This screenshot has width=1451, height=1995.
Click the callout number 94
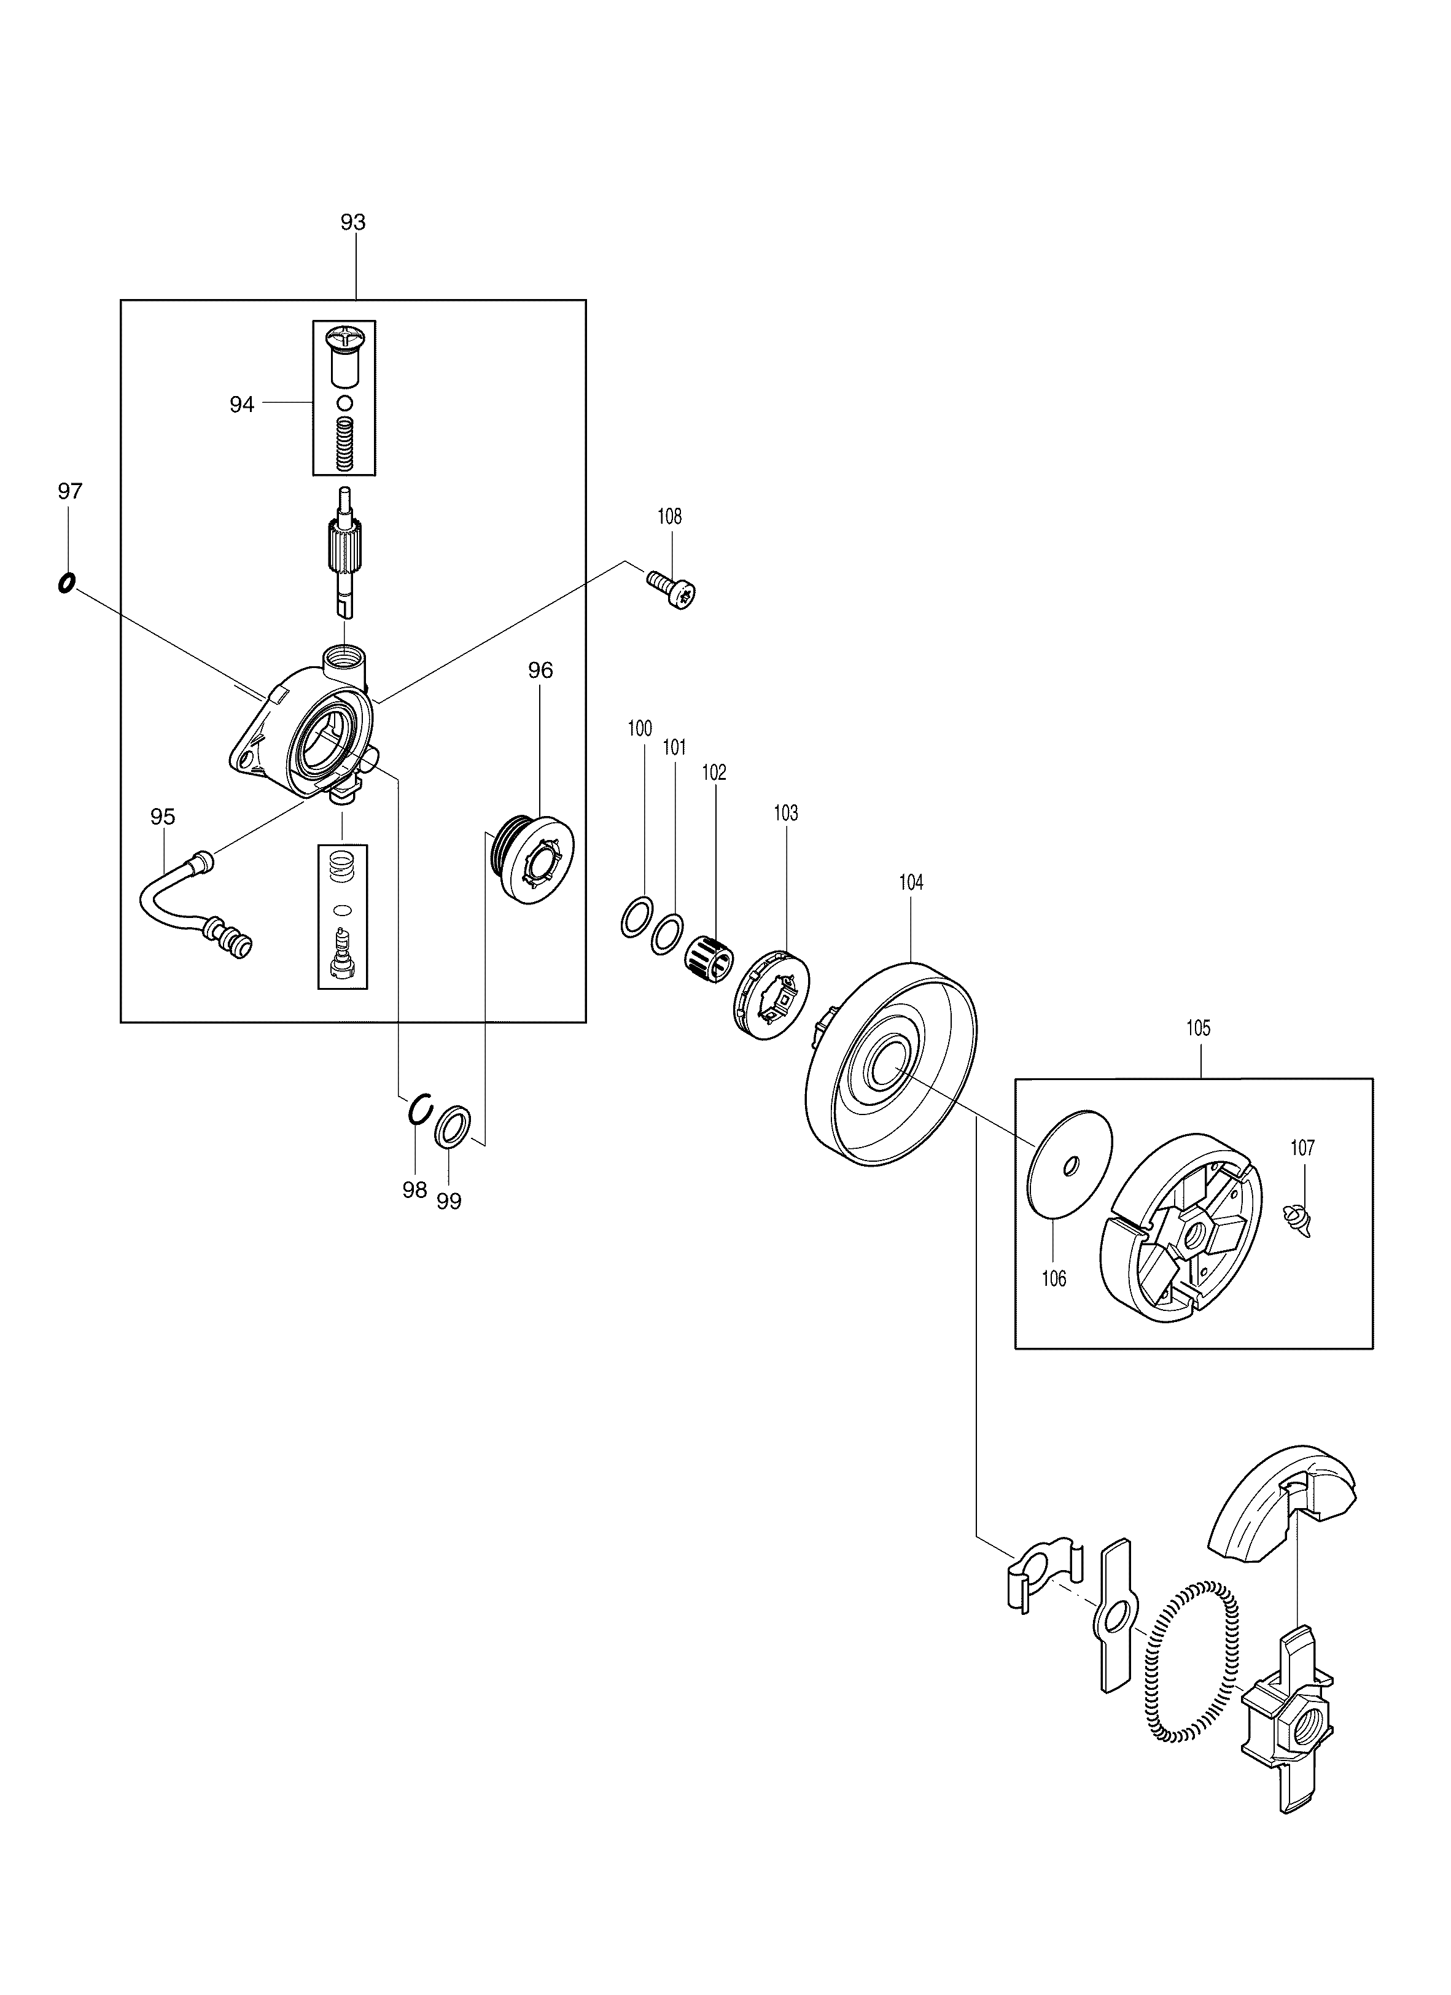point(242,404)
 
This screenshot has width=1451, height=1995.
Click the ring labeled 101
point(667,933)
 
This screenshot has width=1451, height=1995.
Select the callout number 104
point(911,882)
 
